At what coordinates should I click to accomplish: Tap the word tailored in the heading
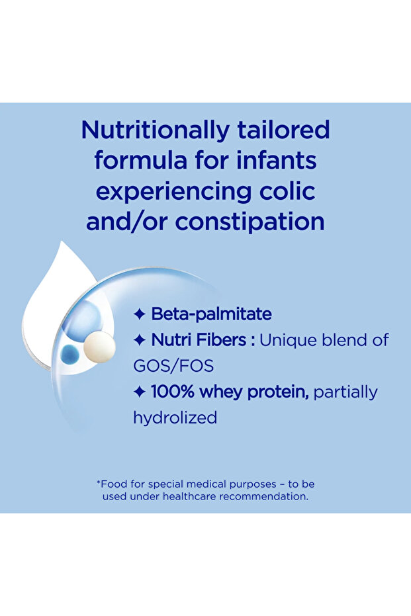283,130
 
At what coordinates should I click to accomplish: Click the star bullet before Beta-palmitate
140,314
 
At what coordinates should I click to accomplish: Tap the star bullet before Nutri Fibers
140,340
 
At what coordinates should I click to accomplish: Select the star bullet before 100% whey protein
140,392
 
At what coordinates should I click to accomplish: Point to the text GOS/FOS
173,366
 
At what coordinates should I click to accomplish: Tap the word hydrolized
175,418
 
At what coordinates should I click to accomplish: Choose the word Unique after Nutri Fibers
288,341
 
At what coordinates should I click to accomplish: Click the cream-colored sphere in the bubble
99,346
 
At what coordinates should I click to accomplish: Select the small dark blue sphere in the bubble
69,354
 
